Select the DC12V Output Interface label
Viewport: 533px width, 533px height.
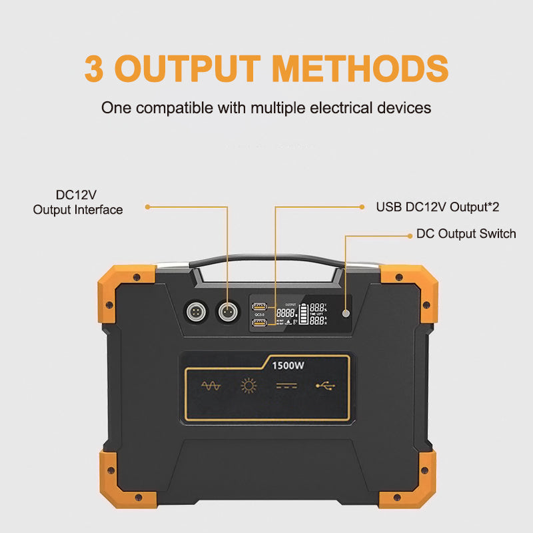(x=78, y=203)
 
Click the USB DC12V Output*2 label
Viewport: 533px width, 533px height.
(x=438, y=207)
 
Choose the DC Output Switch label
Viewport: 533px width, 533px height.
(x=466, y=234)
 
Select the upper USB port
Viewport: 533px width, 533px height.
(x=259, y=307)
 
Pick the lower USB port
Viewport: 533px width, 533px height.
(x=259, y=324)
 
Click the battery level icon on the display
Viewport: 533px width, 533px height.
(x=304, y=314)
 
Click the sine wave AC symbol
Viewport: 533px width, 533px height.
(x=211, y=386)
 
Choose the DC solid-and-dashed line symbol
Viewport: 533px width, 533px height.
(x=286, y=386)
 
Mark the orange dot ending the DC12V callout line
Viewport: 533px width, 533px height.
(x=147, y=207)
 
